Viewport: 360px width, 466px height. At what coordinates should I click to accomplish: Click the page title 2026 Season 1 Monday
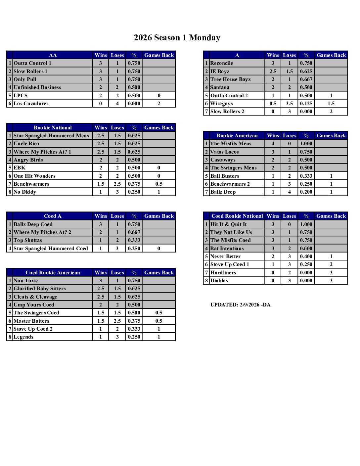[x=177, y=38]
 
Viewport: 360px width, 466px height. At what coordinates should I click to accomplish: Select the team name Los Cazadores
[x=31, y=104]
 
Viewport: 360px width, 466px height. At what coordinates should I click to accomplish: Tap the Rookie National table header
[x=53, y=128]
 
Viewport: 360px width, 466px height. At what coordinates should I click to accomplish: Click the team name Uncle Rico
[x=26, y=144]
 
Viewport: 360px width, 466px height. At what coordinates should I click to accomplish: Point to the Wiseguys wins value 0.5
[x=273, y=104]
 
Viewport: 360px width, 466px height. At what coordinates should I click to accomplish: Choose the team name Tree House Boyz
[x=231, y=79]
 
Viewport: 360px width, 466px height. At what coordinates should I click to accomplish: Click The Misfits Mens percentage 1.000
[x=306, y=144]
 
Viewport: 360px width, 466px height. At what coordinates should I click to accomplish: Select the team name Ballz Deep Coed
[x=33, y=224]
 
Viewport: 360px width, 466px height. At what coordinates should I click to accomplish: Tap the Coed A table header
[x=53, y=216]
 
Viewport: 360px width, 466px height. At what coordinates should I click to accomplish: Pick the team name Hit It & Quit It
[x=229, y=224]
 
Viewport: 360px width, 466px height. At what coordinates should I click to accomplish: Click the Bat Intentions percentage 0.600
[x=306, y=249]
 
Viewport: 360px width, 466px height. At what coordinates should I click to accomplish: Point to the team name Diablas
[x=219, y=281]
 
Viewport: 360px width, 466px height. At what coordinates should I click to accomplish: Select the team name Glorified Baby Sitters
[x=40, y=289]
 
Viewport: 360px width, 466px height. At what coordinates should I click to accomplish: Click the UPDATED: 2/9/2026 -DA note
[x=241, y=305]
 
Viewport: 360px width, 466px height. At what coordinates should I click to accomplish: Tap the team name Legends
[x=23, y=337]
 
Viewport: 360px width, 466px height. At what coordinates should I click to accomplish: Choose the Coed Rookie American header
[x=53, y=273]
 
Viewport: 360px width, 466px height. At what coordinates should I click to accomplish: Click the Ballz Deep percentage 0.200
[x=306, y=192]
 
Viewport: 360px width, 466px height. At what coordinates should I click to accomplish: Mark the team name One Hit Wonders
[x=34, y=176]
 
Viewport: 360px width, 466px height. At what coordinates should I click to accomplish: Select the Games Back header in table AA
[x=159, y=55]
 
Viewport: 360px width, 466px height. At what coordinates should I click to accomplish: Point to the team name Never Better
[x=226, y=256]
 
